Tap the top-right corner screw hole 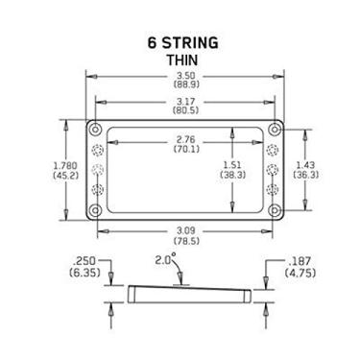(274, 129)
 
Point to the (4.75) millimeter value (300, 274)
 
